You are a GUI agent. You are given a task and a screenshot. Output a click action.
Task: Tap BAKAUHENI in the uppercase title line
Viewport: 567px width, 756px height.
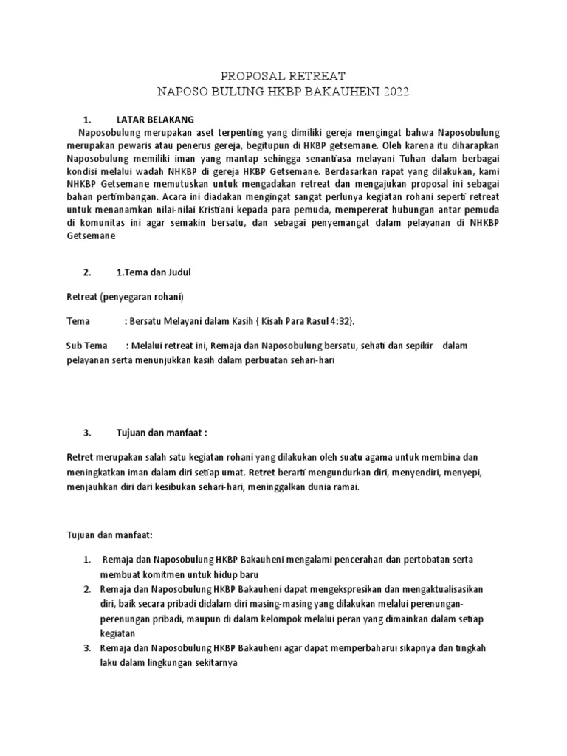pos(330,92)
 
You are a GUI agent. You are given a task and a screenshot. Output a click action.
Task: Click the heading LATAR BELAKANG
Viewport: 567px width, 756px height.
pos(155,119)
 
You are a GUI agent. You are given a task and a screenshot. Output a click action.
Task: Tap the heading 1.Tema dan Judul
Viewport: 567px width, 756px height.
pos(154,272)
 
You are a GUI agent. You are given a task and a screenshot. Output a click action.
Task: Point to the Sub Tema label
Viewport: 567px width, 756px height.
pos(86,346)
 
